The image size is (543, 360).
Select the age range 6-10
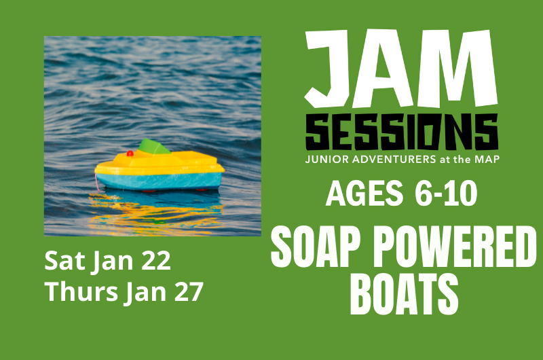pos(445,194)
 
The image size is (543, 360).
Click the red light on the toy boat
pos(130,154)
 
